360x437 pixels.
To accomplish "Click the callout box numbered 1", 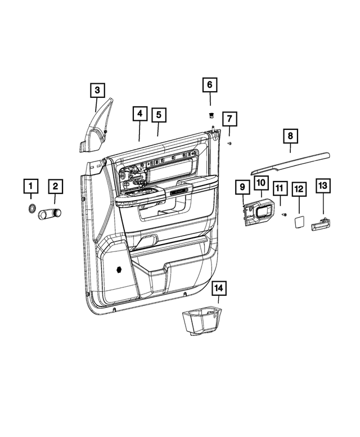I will click(31, 186).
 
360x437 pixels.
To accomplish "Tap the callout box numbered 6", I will click(210, 85).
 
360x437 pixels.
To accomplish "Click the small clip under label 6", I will click(210, 116).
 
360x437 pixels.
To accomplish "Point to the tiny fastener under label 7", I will click(229, 144).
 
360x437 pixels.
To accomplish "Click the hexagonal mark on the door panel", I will click(120, 269).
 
